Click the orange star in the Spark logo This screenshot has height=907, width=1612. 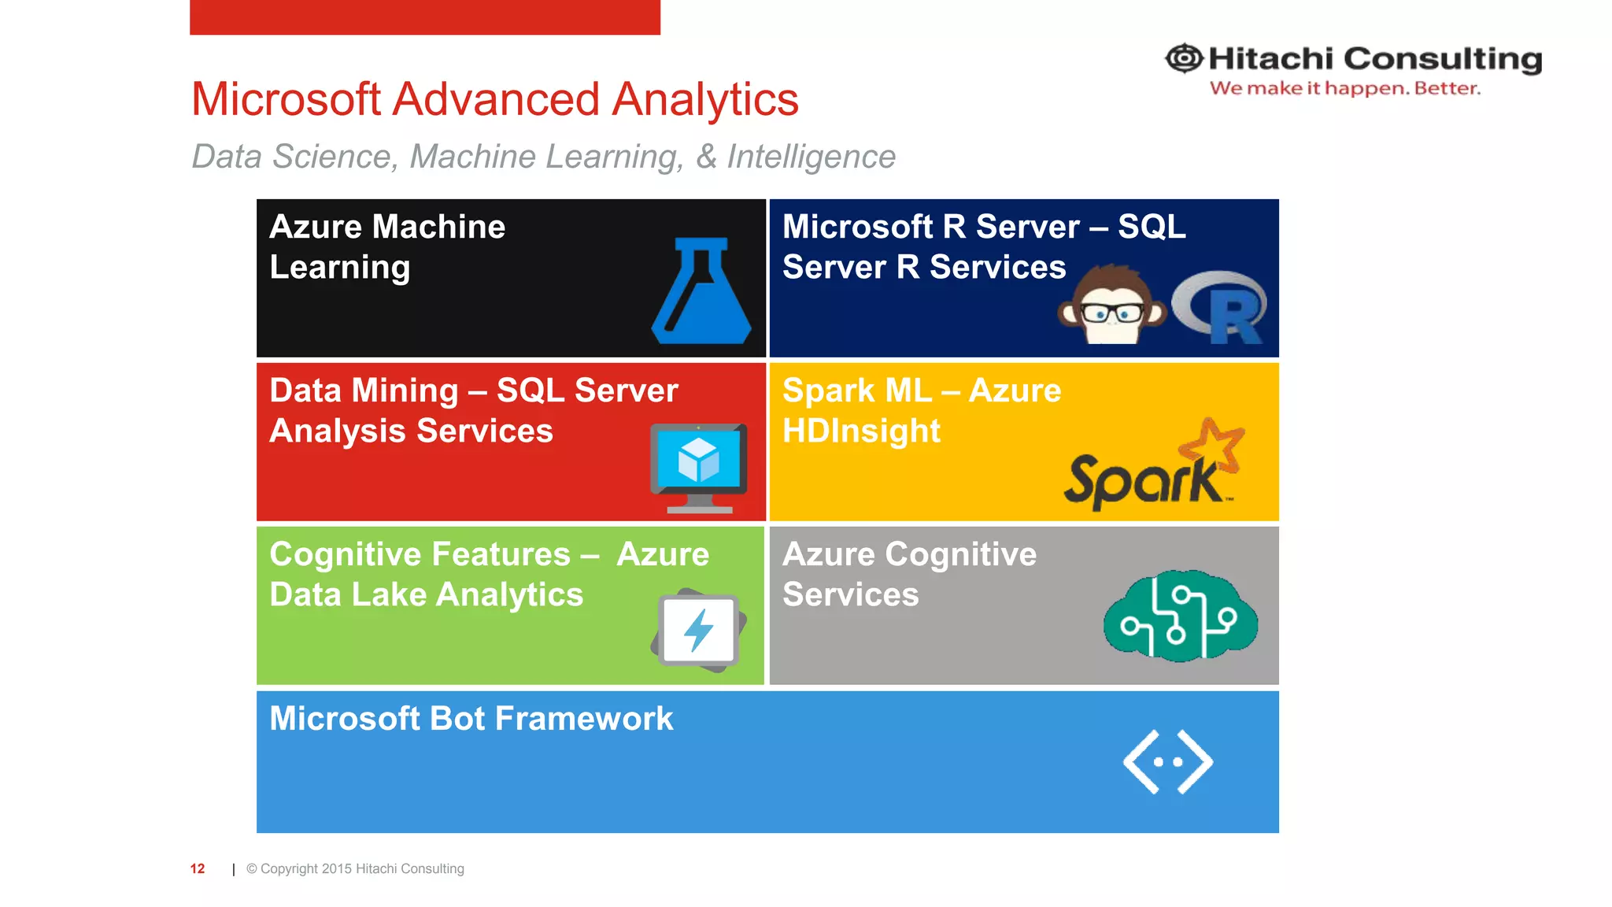[x=1215, y=444]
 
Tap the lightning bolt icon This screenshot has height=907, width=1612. [x=698, y=630]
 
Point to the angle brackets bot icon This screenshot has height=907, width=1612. [x=1168, y=761]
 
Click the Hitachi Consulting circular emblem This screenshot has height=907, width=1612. [x=1184, y=58]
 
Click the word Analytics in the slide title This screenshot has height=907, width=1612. [x=705, y=100]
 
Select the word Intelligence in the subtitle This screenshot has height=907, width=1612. [x=811, y=157]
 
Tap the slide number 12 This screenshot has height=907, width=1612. [x=198, y=868]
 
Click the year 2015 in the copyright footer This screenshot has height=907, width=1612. [x=336, y=868]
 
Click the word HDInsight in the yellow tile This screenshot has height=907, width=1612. [x=861, y=431]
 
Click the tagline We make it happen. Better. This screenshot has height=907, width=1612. [x=1344, y=88]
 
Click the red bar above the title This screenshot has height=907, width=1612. [x=425, y=17]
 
